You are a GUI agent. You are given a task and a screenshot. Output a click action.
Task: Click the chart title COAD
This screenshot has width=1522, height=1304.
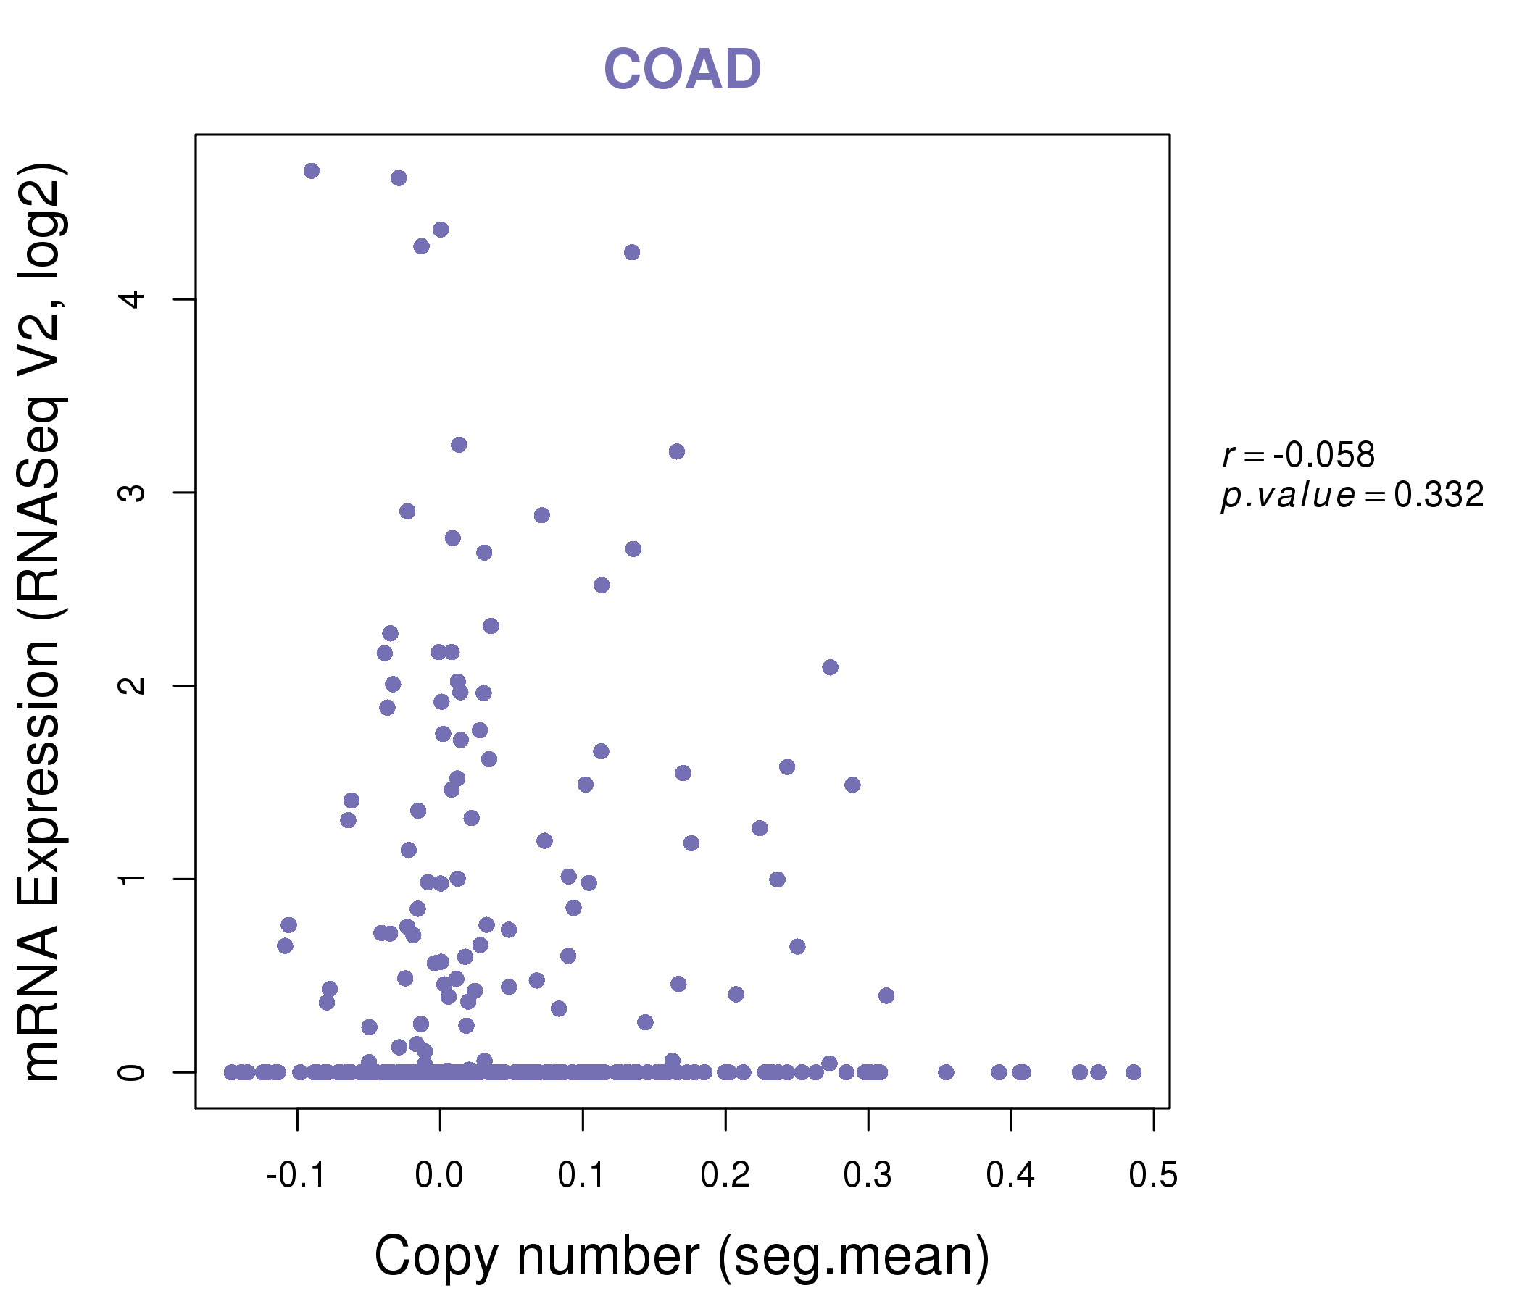tap(682, 70)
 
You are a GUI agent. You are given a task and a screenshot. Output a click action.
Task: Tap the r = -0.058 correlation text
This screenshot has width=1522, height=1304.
tap(1298, 455)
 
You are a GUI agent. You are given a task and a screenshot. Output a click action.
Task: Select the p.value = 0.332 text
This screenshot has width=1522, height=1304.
tap(1352, 496)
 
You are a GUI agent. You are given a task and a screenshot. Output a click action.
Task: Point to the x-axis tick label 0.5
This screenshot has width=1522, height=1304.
tap(1153, 1176)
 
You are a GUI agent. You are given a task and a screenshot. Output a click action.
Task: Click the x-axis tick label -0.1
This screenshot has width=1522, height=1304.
tap(296, 1176)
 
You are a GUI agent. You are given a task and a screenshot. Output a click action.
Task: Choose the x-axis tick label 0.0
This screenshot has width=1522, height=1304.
tap(439, 1176)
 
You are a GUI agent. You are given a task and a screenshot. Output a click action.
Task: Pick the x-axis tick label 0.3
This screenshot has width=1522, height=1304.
tap(868, 1176)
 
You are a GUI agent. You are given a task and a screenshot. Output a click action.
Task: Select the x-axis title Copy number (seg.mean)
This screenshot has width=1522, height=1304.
tap(682, 1256)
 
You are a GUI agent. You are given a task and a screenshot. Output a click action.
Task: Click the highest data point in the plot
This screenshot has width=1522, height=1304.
tap(312, 171)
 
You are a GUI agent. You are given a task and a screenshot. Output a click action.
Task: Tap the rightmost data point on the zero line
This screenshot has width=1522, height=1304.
tap(1134, 1072)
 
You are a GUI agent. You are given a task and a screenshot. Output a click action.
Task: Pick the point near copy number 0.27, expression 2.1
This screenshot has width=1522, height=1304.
tap(830, 667)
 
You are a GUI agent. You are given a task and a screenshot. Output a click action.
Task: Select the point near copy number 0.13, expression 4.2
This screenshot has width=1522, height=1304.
tap(632, 253)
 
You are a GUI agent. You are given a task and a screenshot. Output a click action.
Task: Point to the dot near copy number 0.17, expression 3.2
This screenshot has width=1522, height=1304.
tap(676, 451)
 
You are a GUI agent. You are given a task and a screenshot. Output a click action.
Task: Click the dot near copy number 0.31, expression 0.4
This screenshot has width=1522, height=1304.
tap(886, 995)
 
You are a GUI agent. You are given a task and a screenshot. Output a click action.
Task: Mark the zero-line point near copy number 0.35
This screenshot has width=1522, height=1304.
tap(946, 1072)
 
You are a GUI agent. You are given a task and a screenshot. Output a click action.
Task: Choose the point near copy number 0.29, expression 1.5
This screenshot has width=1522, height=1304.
tap(852, 785)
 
